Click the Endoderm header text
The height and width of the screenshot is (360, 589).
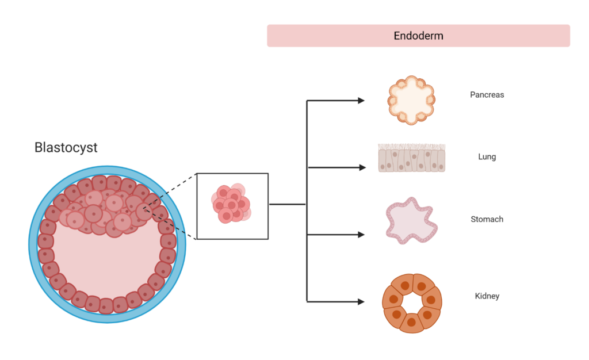[x=418, y=36]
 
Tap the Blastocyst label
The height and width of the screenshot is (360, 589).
[x=66, y=148]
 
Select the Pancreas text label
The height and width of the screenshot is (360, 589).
[x=487, y=94]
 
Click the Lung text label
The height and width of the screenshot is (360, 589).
[x=487, y=156]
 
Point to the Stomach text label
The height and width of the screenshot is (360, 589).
[x=487, y=219]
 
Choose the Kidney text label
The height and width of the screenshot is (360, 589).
[x=487, y=296]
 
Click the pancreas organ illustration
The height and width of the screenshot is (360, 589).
[x=411, y=100]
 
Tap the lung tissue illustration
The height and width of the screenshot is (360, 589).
[x=411, y=158]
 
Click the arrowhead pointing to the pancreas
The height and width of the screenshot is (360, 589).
[x=361, y=101]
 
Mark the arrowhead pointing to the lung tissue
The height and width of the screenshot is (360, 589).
[x=361, y=167]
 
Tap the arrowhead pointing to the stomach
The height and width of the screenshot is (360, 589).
[x=361, y=235]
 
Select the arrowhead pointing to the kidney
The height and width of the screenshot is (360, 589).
[x=361, y=301]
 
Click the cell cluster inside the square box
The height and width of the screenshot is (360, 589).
[x=231, y=204]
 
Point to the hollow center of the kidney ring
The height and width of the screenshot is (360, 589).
[x=412, y=303]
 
